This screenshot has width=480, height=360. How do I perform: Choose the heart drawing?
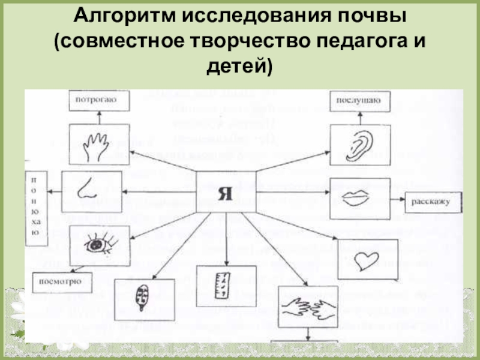pyautogui.click(x=364, y=260)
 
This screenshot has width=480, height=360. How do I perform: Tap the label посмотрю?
pyautogui.click(x=58, y=280)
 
